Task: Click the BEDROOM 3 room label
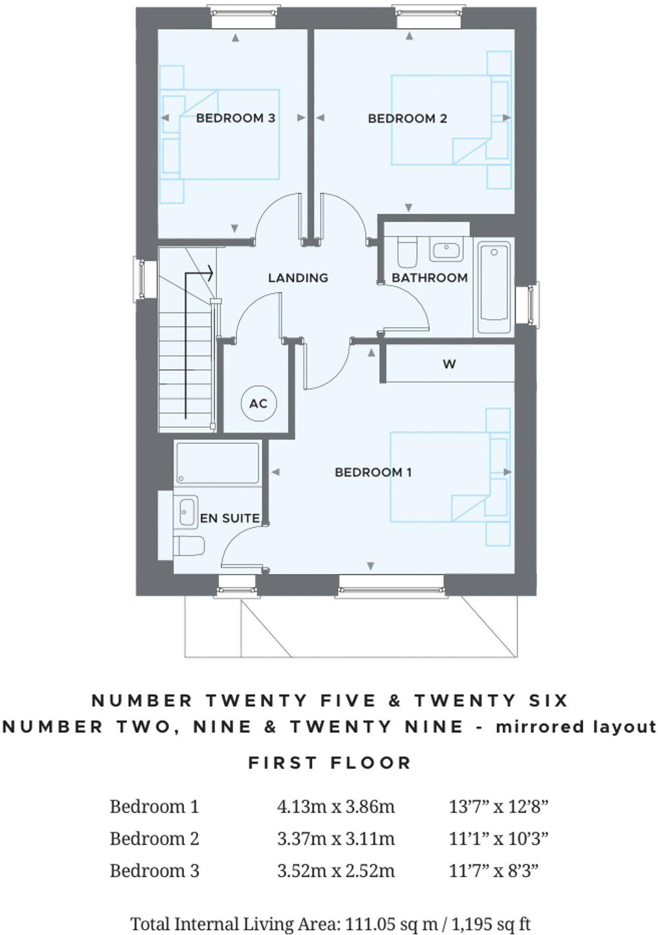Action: tap(235, 118)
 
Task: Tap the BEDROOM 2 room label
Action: tap(407, 118)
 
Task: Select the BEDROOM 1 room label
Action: tap(373, 472)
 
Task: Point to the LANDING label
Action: tap(298, 278)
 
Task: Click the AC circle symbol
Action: tap(259, 403)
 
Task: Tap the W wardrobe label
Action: tap(449, 364)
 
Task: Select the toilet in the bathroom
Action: tap(406, 253)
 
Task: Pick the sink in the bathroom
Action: tap(446, 250)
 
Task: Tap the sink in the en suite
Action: tap(187, 512)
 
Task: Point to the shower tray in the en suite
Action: tap(217, 463)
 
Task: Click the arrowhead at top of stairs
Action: tap(210, 274)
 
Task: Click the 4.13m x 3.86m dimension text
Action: tap(336, 807)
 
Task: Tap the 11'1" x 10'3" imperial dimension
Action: tap(498, 838)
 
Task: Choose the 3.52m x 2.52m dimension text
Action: tap(336, 870)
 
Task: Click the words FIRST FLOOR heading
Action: tap(330, 763)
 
